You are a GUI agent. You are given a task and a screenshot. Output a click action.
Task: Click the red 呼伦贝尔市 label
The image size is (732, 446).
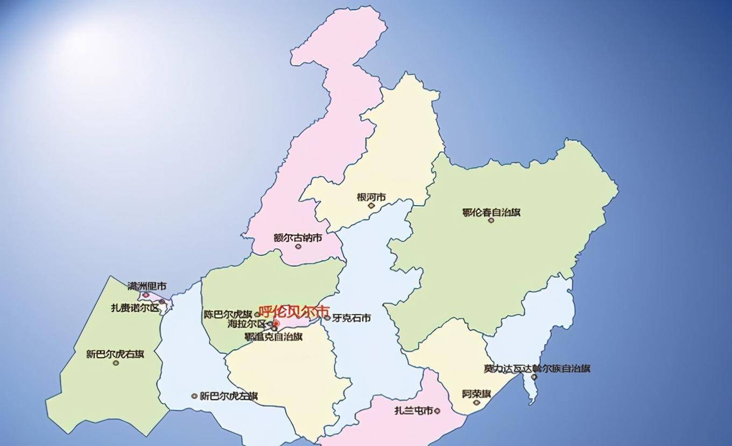[294, 311]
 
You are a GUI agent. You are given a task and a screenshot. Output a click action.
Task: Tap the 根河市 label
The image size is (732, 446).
[371, 197]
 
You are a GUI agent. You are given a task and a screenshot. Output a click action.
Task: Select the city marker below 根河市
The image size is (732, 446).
[371, 205]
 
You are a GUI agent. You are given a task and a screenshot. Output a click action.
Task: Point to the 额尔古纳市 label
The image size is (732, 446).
[298, 238]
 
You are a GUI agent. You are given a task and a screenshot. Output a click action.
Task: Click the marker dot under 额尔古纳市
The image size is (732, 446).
[298, 246]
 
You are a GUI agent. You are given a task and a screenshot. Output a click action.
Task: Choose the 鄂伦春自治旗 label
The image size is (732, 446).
[491, 212]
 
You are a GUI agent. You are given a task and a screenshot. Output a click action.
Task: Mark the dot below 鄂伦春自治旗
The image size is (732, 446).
[491, 220]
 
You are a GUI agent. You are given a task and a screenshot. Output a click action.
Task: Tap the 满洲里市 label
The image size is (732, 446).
[147, 285]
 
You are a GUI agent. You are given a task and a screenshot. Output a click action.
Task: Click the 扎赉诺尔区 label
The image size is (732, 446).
[135, 308]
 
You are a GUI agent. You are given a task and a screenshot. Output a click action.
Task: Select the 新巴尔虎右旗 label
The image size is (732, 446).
[115, 354]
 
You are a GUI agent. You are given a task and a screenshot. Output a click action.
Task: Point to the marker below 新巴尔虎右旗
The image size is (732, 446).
[116, 363]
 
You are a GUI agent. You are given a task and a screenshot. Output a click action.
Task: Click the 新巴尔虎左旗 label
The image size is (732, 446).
[228, 396]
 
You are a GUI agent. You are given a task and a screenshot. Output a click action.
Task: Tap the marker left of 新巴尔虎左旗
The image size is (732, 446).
[194, 396]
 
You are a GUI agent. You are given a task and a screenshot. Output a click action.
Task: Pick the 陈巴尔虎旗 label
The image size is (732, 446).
[228, 314]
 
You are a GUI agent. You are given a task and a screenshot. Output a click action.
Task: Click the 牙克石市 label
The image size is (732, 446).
[351, 318]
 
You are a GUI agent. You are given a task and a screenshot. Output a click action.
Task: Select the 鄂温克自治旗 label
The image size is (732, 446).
[273, 336]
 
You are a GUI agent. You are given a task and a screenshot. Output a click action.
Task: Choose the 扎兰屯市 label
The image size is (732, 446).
[413, 410]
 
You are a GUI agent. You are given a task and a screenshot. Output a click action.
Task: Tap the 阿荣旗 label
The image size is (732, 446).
[476, 394]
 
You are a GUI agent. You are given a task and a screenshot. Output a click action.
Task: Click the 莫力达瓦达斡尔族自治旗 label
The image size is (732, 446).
[537, 368]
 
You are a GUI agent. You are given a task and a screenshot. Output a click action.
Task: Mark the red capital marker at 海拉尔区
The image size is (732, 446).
[276, 323]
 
